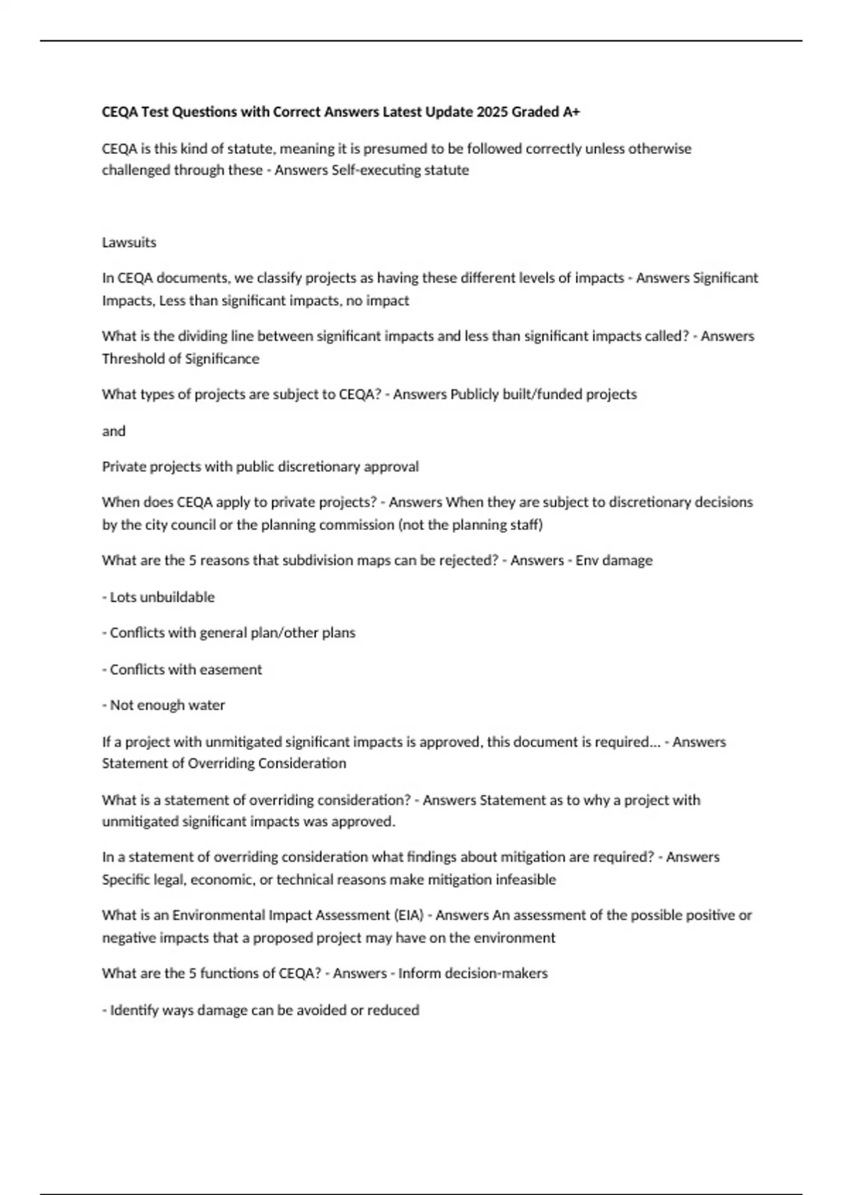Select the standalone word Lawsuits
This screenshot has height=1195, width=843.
(x=129, y=243)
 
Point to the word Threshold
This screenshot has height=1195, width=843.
(x=131, y=358)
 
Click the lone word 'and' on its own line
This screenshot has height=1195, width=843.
(x=114, y=431)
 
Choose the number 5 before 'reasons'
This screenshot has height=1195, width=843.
(x=193, y=560)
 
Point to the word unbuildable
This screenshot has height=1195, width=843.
(x=178, y=597)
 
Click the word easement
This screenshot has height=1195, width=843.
(x=231, y=670)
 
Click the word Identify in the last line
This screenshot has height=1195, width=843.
(x=131, y=1010)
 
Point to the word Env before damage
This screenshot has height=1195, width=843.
(x=587, y=560)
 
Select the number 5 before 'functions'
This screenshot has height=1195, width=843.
(x=193, y=974)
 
